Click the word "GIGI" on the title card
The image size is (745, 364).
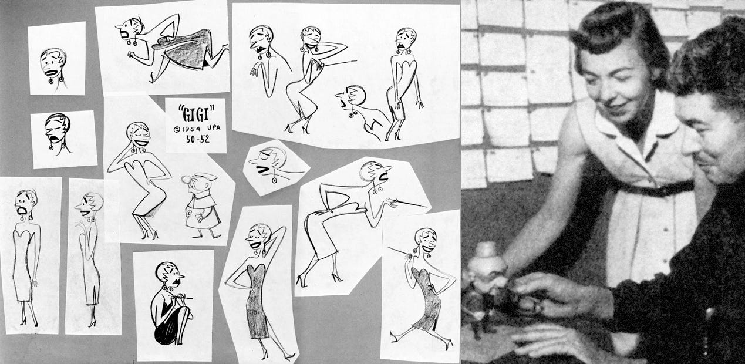196,113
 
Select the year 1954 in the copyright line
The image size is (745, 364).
191,129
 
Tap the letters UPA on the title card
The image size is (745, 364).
213,128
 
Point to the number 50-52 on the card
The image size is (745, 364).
198,139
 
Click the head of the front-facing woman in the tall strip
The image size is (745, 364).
25,204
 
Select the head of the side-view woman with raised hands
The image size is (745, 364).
89,205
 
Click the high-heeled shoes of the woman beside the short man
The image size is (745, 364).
150,234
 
